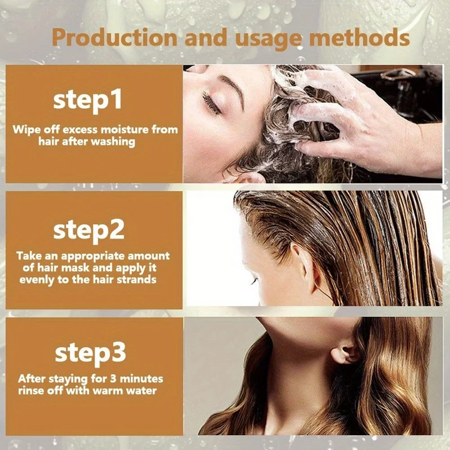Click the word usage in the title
pos(260,37)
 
